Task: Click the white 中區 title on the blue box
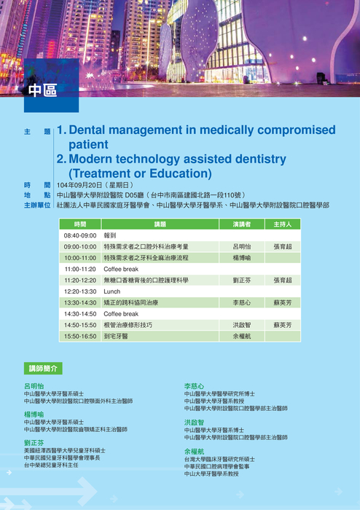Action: [x=42, y=91]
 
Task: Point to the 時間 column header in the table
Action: [x=80, y=224]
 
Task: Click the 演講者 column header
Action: [x=241, y=224]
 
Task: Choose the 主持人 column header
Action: [x=282, y=224]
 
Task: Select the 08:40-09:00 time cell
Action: [x=80, y=236]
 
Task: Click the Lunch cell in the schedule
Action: [x=112, y=291]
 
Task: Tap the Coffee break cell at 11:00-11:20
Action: [x=121, y=269]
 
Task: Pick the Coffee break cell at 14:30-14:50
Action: [x=121, y=314]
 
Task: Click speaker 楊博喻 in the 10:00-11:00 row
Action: [x=241, y=258]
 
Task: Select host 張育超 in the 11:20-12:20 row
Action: [x=282, y=280]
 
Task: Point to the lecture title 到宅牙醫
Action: [x=116, y=337]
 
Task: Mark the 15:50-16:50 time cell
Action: [x=80, y=337]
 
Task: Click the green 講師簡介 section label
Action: [x=44, y=369]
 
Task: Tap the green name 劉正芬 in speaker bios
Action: [x=34, y=442]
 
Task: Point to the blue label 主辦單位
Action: [x=36, y=205]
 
